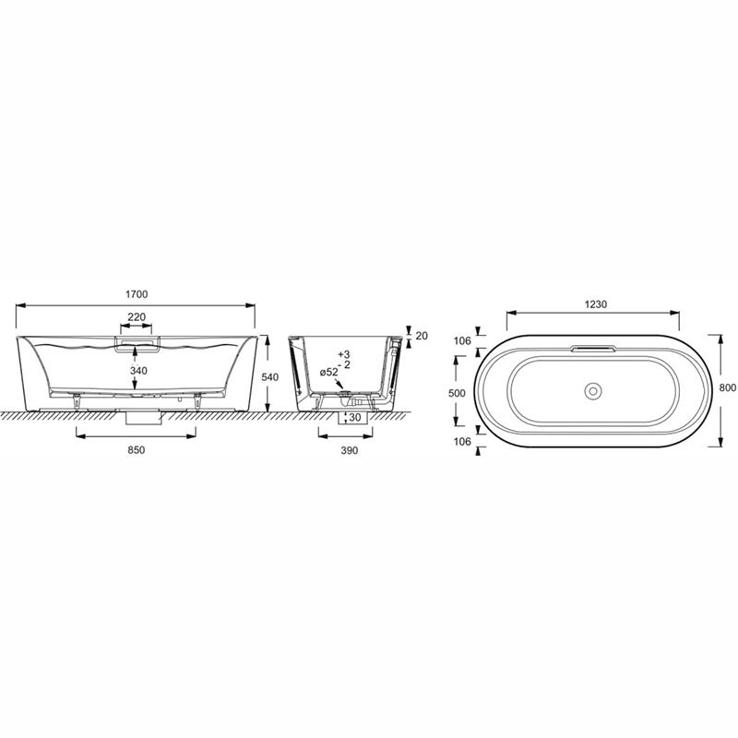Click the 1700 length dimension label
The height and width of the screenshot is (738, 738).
137,294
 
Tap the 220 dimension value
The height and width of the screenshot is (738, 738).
137,316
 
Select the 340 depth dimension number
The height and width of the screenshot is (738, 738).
138,371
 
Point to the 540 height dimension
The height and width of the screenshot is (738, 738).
270,377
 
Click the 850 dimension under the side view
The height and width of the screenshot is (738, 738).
136,450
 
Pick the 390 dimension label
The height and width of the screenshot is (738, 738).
350,450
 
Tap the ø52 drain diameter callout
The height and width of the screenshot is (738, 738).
329,372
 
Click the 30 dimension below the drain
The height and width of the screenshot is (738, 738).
354,418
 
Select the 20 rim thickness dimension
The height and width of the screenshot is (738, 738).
422,336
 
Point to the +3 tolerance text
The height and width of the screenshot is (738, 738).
344,354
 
